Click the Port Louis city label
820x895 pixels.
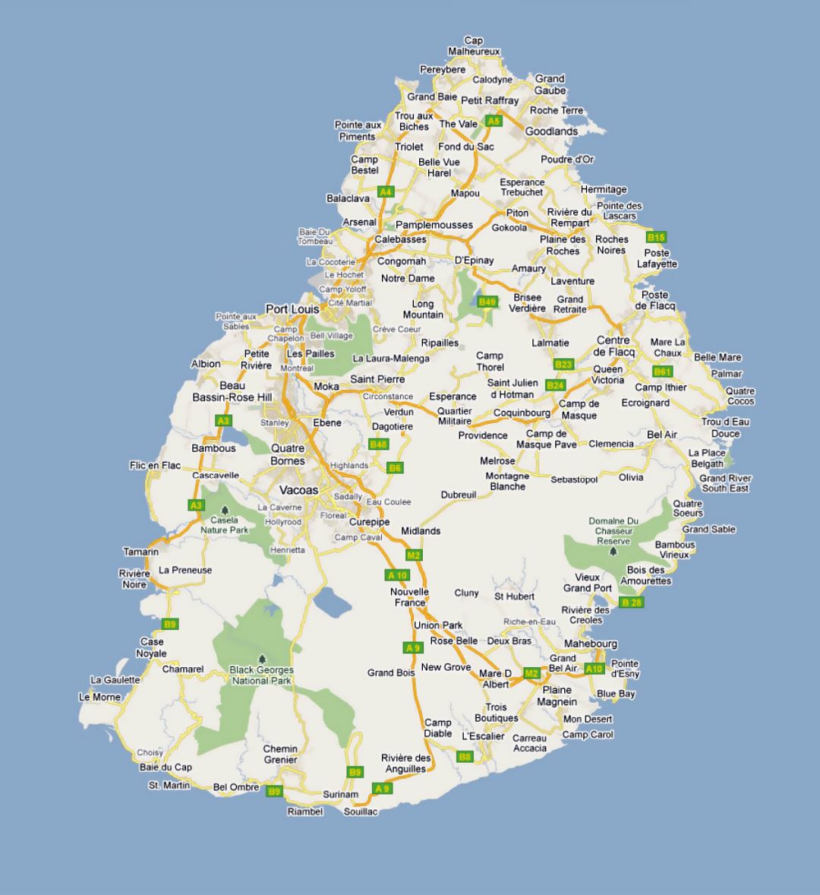coord(292,309)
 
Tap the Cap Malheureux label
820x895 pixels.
coord(474,46)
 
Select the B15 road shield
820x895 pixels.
coord(655,238)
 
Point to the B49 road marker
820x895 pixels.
coord(487,302)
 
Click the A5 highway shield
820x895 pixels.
coord(494,121)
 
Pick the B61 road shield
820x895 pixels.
coord(662,372)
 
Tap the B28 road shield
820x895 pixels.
coord(631,602)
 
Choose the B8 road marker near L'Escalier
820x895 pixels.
coord(465,757)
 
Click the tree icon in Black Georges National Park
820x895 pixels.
coord(262,659)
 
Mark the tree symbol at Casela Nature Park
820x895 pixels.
coord(225,511)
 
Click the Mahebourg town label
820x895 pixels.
coord(591,644)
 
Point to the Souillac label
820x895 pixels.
coord(360,811)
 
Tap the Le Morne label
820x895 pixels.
coord(99,697)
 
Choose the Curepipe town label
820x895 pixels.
coord(369,522)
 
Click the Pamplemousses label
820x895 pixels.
coord(434,225)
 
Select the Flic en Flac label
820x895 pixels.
coord(155,465)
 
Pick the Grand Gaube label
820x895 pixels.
coord(550,84)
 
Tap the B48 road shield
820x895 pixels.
coord(378,444)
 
